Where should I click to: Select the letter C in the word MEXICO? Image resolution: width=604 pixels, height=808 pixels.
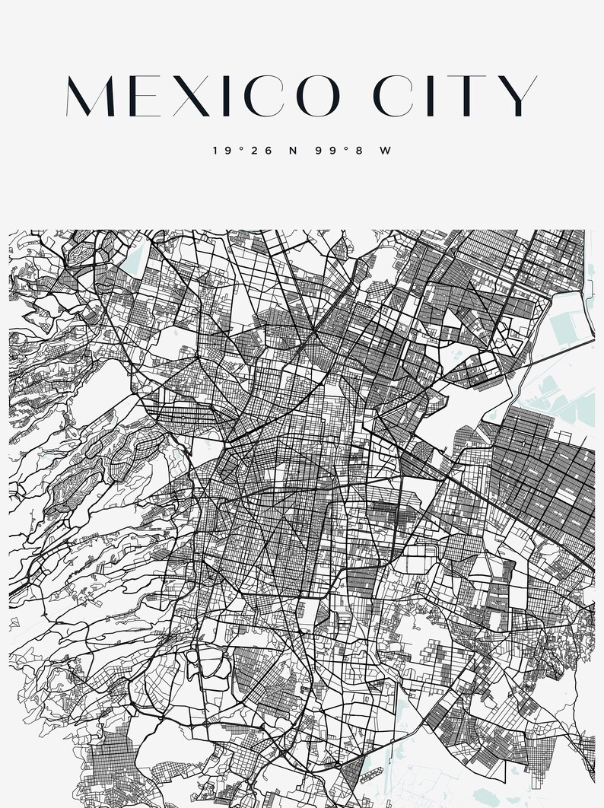[259, 97]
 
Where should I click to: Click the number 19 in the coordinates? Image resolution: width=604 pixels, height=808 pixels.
[222, 151]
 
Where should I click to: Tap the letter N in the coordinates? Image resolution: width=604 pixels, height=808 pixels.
[293, 151]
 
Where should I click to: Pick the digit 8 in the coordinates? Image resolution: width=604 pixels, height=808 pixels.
[356, 151]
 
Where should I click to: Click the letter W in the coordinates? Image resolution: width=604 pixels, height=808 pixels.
[385, 151]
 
